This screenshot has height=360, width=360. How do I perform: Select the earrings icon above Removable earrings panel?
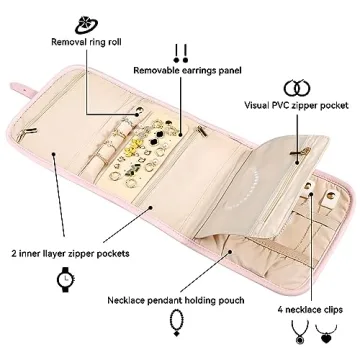pos(180,51)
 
